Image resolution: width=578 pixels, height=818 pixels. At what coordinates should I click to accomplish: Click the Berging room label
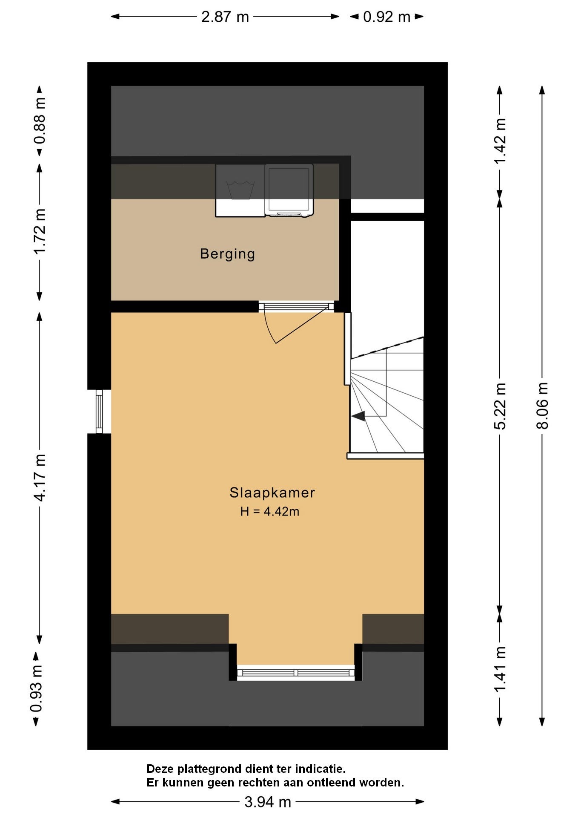[227, 254]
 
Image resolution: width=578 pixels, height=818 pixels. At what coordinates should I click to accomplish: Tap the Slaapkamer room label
[272, 493]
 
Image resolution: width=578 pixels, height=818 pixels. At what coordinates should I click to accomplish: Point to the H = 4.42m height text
[270, 511]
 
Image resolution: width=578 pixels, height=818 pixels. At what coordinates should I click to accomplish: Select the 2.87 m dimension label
[225, 17]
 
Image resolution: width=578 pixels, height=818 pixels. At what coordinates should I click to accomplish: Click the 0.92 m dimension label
[387, 17]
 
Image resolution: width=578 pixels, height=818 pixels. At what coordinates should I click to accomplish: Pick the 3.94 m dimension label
[268, 802]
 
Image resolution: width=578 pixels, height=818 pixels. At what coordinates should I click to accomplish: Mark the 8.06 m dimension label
[542, 405]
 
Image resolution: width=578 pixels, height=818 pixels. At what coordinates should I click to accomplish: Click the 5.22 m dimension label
[500, 406]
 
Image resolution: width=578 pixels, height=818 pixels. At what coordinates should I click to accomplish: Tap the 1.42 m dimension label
[500, 141]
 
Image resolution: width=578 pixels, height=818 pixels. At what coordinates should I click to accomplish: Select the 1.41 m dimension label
[500, 669]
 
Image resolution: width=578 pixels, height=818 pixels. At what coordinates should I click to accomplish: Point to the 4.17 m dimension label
[40, 478]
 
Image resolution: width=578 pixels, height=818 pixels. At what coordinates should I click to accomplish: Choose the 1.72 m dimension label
[40, 231]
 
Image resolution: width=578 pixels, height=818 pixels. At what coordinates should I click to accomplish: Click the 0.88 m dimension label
[40, 121]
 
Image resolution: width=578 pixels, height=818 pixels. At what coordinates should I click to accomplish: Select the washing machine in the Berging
[289, 190]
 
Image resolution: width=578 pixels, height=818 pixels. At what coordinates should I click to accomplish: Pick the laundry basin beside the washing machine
[240, 190]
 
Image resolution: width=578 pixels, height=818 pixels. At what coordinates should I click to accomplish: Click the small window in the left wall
[99, 412]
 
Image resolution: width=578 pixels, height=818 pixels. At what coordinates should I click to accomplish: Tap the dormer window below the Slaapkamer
[296, 673]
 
